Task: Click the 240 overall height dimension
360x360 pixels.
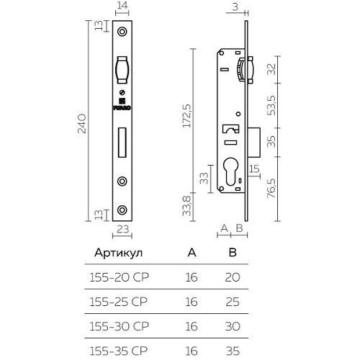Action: pos(81,124)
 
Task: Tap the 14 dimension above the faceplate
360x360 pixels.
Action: pos(122,6)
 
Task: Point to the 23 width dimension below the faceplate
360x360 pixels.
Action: pos(122,229)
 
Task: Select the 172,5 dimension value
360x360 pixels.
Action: pos(186,116)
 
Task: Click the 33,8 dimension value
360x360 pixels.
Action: pos(186,206)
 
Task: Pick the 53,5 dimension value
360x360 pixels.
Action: pos(271,106)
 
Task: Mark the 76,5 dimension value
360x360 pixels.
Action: pos(271,189)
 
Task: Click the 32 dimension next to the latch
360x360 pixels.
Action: pos(271,69)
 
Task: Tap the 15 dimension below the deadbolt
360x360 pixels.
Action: pos(254,169)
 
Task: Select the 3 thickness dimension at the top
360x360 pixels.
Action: pos(235,6)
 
